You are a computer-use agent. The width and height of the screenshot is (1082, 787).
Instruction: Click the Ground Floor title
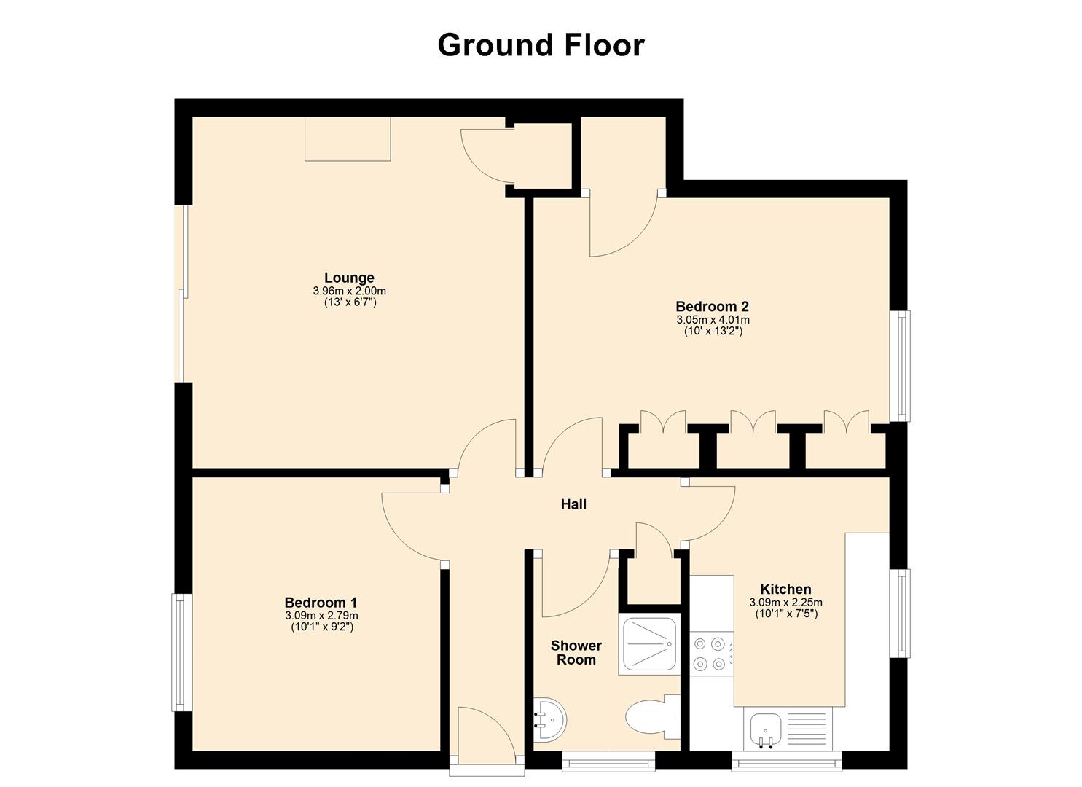pos(541,45)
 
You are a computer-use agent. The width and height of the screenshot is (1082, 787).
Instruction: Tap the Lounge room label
pos(349,278)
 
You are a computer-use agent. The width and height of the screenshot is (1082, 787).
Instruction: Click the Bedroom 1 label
pos(321,603)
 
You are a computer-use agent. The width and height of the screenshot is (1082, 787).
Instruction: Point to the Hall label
pos(573,504)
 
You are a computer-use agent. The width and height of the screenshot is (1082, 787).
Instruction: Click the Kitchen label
pos(785,589)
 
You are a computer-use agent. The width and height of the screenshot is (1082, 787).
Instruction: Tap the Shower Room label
pos(576,653)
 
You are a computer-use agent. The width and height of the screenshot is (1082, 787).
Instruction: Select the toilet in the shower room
pos(648,715)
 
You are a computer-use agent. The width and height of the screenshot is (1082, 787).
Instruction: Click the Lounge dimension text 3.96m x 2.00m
pos(349,291)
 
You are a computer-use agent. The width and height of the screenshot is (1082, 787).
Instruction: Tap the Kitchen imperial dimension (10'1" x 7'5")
pos(785,614)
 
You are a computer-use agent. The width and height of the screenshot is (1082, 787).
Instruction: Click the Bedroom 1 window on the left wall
pos(179,652)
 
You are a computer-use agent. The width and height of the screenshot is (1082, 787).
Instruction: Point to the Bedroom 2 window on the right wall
pos(903,366)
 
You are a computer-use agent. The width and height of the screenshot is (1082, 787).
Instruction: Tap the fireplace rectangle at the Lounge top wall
pos(348,138)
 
